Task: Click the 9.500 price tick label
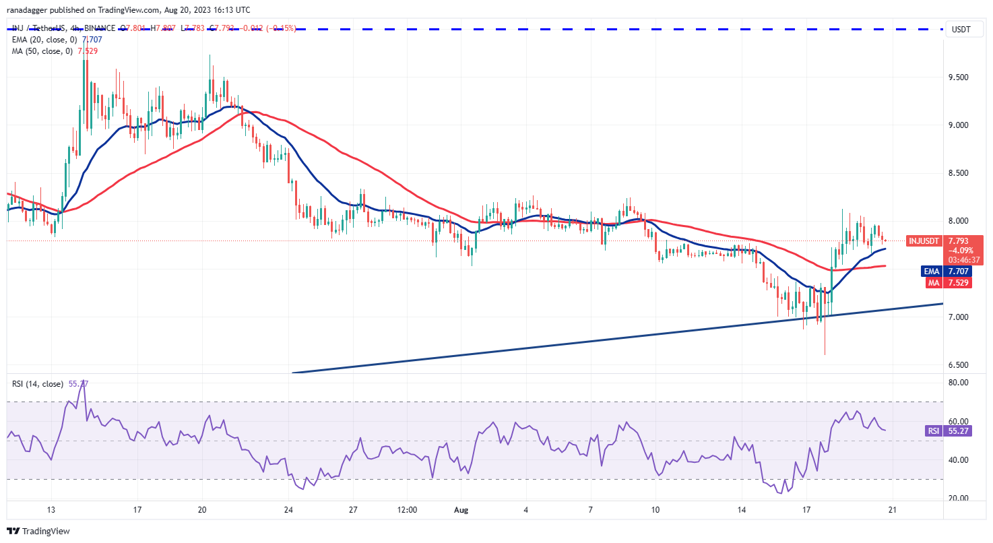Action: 959,77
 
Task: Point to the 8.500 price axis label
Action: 959,173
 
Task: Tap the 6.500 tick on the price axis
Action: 959,365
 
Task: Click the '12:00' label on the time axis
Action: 408,509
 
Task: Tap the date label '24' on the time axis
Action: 288,509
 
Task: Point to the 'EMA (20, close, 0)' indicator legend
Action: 47,39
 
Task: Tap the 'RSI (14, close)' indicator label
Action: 39,384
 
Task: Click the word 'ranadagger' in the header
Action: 31,10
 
